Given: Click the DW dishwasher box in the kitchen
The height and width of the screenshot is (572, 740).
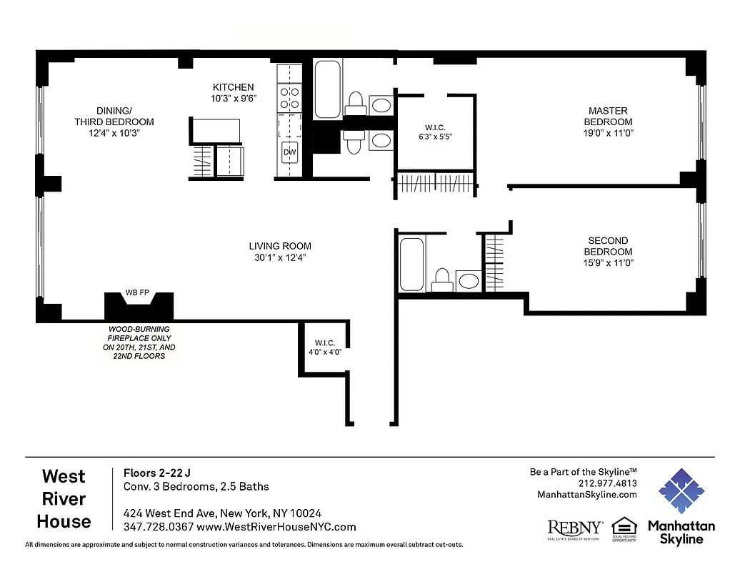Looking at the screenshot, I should tap(290, 152).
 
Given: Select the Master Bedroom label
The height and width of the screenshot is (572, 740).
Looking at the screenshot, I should tap(608, 116).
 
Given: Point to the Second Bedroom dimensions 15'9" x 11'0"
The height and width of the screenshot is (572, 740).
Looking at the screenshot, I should tap(608, 263).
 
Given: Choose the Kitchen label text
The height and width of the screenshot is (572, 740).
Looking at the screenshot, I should tap(232, 87).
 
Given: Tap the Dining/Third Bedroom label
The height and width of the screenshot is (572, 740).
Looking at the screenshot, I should tap(114, 116).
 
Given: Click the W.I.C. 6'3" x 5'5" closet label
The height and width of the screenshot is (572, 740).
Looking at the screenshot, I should tap(436, 131).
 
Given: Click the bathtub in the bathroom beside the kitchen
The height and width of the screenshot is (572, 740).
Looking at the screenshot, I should tap(328, 89).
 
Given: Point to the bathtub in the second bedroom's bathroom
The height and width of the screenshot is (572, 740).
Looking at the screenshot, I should tap(411, 265).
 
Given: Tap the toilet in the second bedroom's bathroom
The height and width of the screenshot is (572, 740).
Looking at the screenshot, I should tap(443, 279).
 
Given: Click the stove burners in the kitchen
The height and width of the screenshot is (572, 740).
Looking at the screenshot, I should tap(289, 98).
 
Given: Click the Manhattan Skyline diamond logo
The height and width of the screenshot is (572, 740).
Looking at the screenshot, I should tap(681, 492).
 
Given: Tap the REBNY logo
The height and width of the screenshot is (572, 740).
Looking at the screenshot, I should tap(574, 529).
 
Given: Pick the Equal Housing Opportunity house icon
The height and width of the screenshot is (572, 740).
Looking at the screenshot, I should tap(623, 527).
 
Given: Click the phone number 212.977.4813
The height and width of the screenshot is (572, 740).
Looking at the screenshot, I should tap(609, 483).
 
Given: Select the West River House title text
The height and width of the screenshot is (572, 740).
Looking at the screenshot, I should tap(64, 499).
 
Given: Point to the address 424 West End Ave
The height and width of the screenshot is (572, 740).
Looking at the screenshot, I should tap(222, 513).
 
